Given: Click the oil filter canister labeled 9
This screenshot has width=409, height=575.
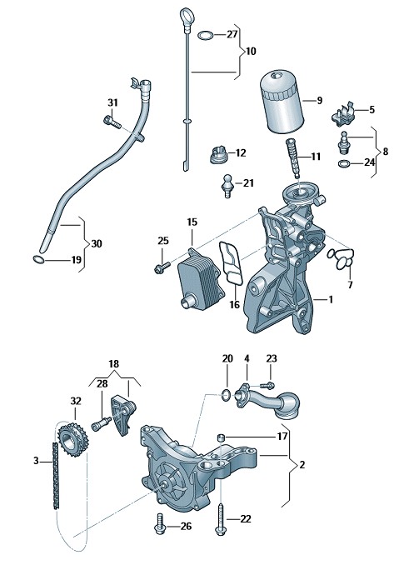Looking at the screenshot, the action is click(281, 102).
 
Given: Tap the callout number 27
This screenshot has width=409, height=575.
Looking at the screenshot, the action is click(232, 35).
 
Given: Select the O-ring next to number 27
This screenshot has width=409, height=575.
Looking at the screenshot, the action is click(206, 36).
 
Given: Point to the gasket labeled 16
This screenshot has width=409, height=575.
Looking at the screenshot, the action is click(231, 262).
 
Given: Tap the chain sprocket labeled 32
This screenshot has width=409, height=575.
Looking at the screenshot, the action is click(72, 440).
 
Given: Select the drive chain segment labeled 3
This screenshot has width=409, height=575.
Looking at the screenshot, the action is click(55, 476).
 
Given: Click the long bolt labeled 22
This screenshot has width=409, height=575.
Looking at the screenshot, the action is click(221, 518).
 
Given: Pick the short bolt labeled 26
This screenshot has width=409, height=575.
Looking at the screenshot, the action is click(160, 524).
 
